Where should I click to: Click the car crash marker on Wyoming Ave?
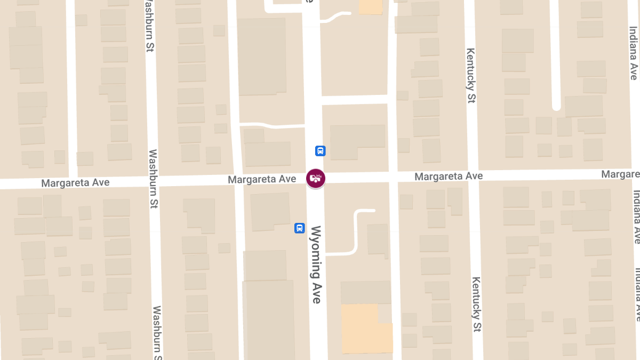click(x=315, y=178)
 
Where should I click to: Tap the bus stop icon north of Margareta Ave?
click(x=320, y=151)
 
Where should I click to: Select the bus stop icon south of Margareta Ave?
click(x=300, y=228)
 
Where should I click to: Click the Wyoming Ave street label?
click(x=317, y=265)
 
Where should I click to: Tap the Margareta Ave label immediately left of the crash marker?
click(x=262, y=180)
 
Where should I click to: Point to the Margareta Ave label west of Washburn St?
click(x=75, y=183)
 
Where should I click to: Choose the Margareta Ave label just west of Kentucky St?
click(x=449, y=176)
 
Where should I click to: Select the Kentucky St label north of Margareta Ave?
click(x=471, y=75)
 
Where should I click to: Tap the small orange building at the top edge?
click(x=371, y=6)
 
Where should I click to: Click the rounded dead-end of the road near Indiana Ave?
click(x=556, y=106)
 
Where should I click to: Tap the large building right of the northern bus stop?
click(x=357, y=137)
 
